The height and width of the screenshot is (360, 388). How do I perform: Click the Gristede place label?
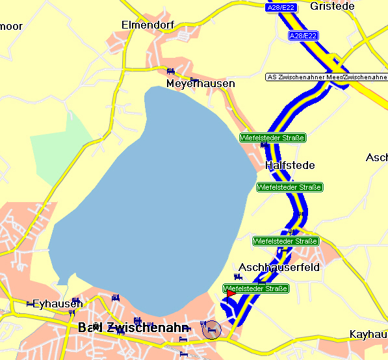[332, 6]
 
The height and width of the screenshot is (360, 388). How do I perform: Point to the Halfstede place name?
[290, 166]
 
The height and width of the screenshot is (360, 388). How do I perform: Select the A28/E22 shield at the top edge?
[282, 7]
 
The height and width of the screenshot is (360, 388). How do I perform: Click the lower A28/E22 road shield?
[304, 36]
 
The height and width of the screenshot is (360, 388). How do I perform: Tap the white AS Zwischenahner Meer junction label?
[326, 77]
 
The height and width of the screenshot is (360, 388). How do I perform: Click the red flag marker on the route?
[231, 294]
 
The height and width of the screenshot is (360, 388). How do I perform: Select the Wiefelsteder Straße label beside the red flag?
[255, 288]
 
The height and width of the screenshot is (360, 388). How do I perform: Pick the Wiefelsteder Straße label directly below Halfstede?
[289, 187]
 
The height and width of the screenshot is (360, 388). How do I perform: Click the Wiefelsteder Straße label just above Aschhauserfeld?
[285, 241]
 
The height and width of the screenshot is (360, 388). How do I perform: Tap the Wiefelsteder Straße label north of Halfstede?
[272, 138]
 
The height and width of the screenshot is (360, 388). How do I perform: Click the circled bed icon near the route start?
[211, 329]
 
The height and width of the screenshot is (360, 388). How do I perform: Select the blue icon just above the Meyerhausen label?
[170, 71]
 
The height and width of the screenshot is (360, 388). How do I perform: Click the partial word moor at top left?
[11, 27]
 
